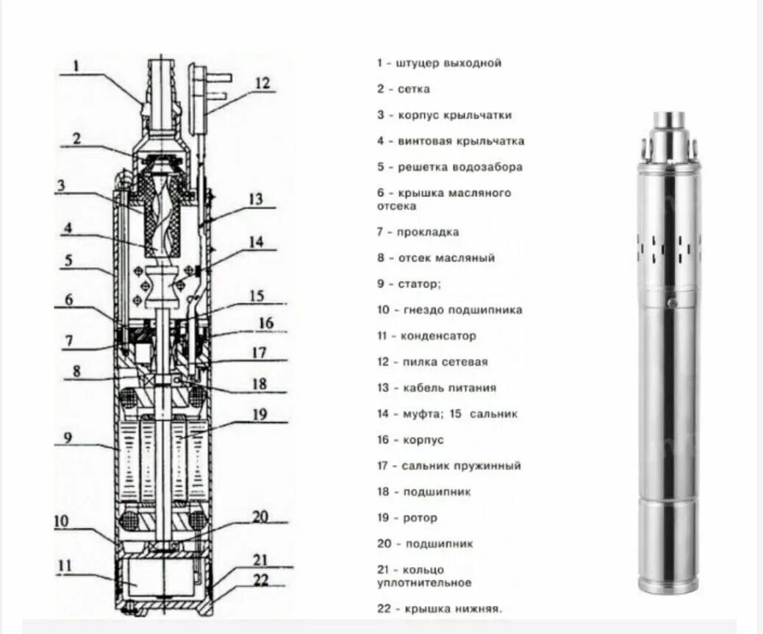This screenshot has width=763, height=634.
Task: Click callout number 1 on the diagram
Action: point(76,66)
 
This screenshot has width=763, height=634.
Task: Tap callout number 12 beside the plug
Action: point(262,83)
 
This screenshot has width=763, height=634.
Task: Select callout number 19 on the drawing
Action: point(259,414)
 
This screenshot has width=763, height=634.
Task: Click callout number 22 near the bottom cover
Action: point(261,580)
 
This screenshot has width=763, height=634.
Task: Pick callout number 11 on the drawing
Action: point(65,566)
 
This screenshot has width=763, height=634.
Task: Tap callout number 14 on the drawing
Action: point(255,241)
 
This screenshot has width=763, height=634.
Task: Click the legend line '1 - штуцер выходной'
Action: point(440,63)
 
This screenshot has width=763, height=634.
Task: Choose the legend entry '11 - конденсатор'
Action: point(427,336)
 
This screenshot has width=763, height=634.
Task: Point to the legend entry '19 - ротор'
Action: point(408,518)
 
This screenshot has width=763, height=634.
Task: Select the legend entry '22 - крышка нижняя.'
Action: point(440,609)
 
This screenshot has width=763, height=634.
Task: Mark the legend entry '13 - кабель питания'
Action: point(437,388)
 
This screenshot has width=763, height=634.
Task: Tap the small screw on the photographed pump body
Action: point(670,302)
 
